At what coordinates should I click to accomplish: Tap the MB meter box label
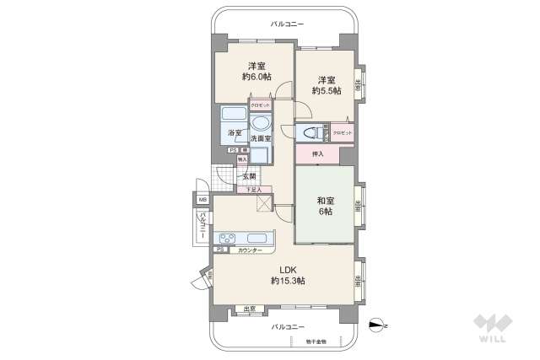click(202, 200)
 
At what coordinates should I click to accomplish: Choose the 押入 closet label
click(317, 154)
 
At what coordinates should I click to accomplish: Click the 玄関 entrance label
click(249, 176)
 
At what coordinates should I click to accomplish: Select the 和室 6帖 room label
click(325, 206)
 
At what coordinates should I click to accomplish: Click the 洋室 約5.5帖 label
click(325, 83)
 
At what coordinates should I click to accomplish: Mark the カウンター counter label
click(249, 250)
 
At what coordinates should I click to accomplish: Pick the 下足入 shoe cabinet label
click(253, 191)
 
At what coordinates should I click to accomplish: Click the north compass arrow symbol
click(376, 322)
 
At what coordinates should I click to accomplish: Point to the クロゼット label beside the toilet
click(342, 133)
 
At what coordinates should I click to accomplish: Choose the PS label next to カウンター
click(219, 250)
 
